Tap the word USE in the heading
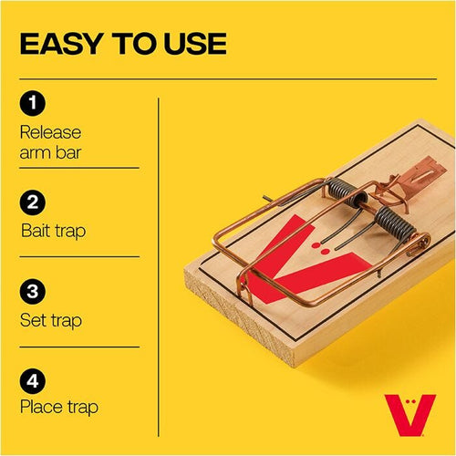(192, 43)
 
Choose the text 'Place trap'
(58, 408)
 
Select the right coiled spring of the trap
(390, 223)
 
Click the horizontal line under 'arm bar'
(79, 169)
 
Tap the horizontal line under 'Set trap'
(79, 347)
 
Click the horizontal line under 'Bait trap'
(79, 257)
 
